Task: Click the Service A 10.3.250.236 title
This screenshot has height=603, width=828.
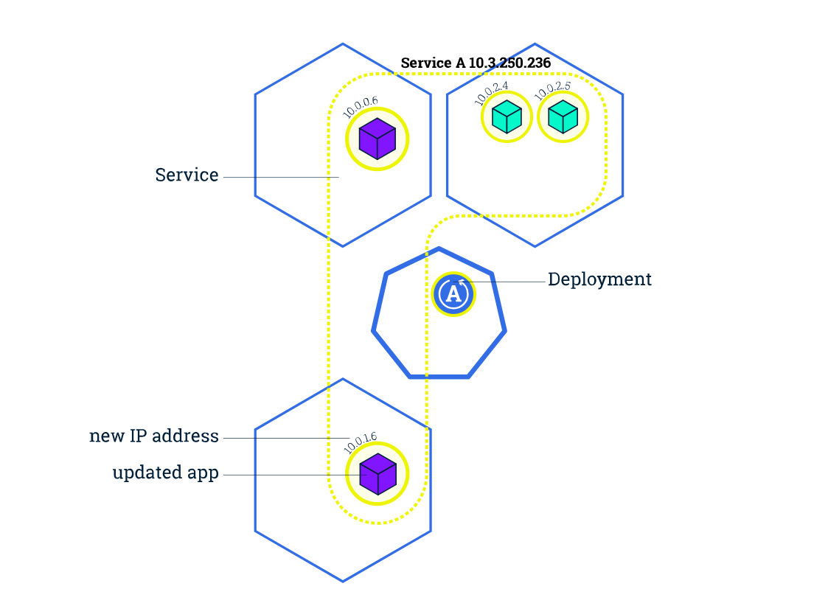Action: (x=476, y=63)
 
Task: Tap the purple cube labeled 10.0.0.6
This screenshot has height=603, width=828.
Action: (x=378, y=139)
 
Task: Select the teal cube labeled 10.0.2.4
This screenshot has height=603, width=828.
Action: (x=507, y=116)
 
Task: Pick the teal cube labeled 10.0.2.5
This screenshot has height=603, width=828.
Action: (x=563, y=116)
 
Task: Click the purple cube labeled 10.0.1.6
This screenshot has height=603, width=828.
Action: (x=378, y=474)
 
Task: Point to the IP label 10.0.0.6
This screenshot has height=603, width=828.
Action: (x=360, y=107)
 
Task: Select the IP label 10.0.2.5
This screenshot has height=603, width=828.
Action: (x=552, y=90)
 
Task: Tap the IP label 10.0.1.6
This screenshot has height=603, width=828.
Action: (x=360, y=442)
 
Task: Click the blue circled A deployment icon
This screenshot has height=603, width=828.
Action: (x=453, y=293)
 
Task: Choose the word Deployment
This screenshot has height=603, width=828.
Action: (x=599, y=280)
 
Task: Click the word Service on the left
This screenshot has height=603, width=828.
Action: (x=187, y=175)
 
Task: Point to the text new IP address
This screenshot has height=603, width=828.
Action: (x=154, y=436)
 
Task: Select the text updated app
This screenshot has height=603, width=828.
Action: (x=166, y=473)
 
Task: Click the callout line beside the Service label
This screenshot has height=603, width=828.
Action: (x=280, y=178)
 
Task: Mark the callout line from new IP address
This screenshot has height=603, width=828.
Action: (x=288, y=439)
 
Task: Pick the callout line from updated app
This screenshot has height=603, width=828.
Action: (x=288, y=475)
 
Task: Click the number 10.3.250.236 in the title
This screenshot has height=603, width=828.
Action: (x=509, y=63)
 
